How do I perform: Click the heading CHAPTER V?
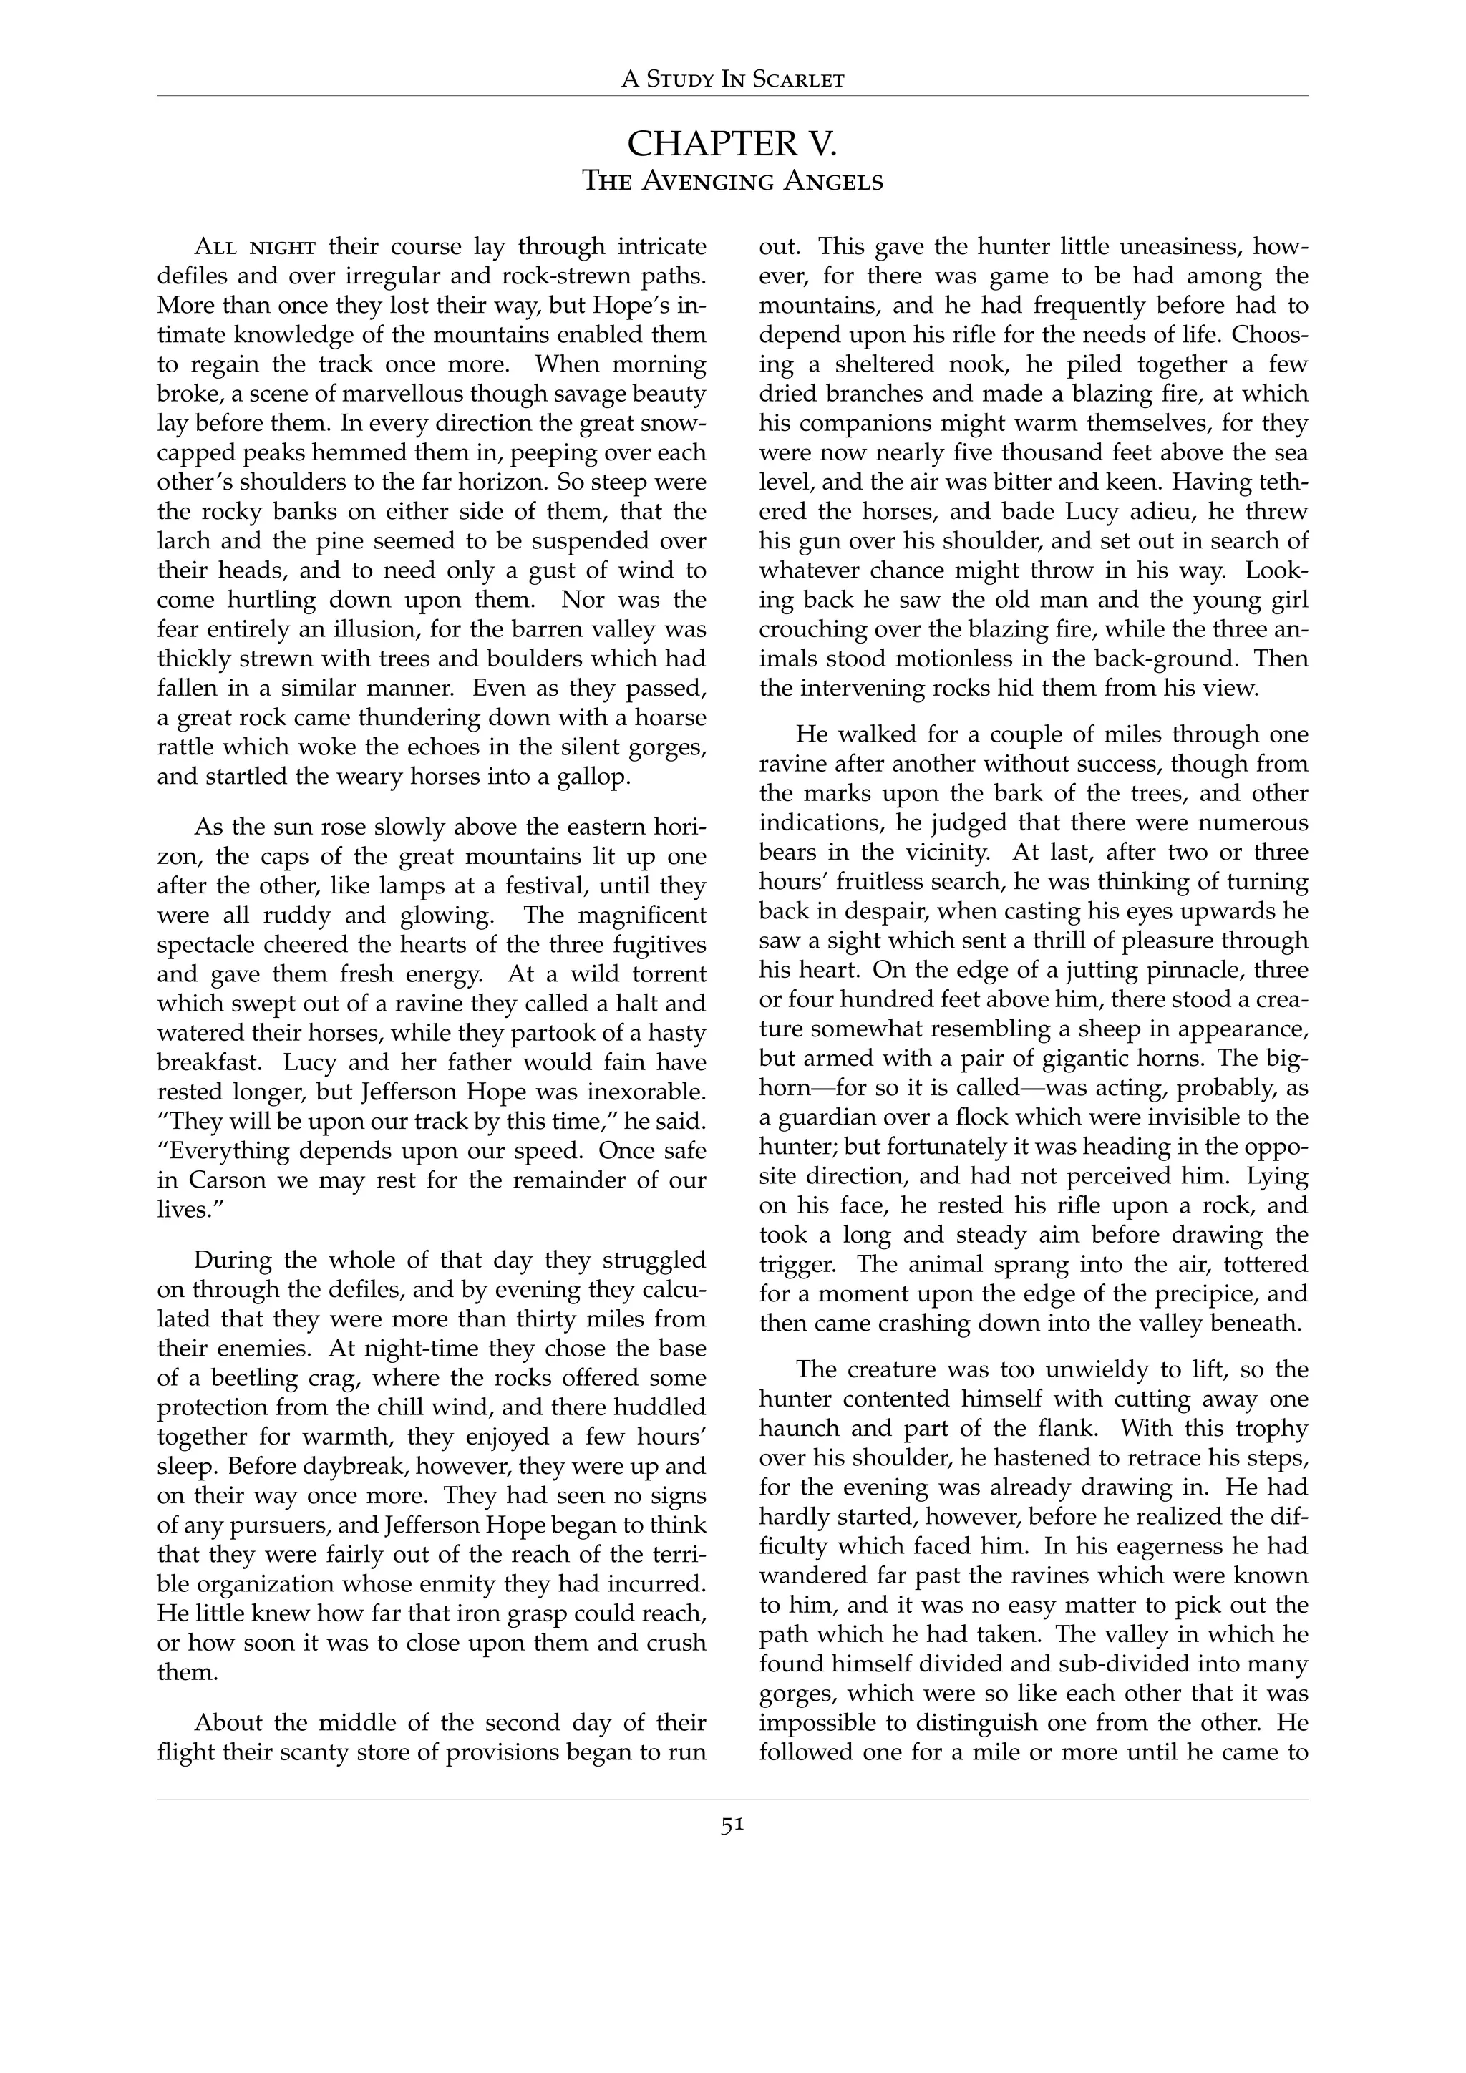point(732,144)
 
